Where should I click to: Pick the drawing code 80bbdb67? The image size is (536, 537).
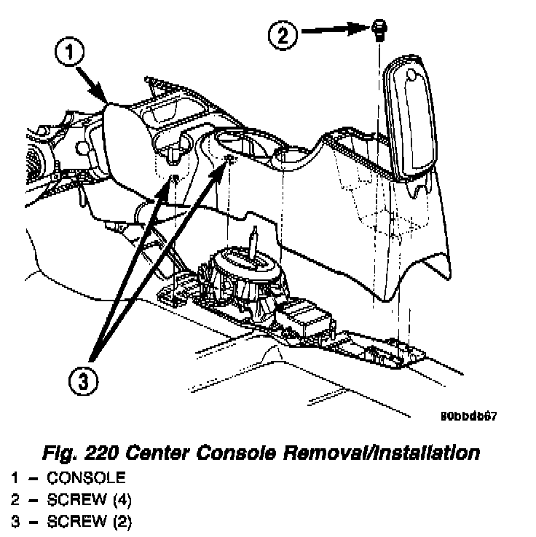click(x=468, y=417)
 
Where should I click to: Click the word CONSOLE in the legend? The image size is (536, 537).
click(x=86, y=478)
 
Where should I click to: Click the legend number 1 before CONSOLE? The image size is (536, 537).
click(x=15, y=478)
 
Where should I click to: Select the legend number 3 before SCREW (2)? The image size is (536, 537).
click(x=15, y=522)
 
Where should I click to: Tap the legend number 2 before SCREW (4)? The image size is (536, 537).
click(x=15, y=500)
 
